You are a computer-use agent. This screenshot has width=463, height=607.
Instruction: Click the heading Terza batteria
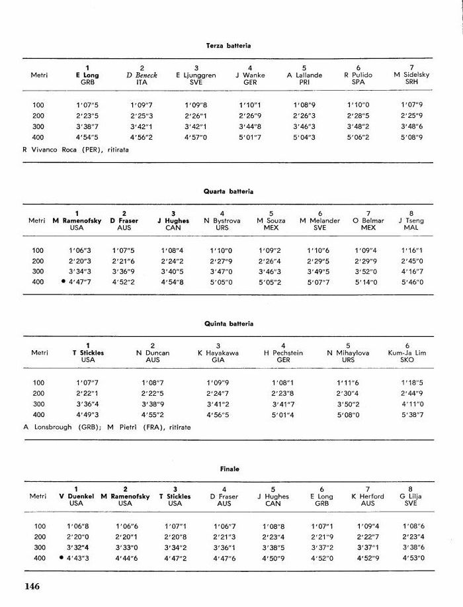pos(228,45)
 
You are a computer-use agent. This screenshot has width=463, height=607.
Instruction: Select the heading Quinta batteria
pos(228,324)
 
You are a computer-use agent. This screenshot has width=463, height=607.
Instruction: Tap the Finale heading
pos(229,469)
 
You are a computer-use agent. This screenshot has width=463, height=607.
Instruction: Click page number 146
pos(33,586)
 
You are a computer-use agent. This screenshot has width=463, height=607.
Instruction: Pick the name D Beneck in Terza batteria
pos(142,75)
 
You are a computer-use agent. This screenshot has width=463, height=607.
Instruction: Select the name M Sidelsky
pos(411,75)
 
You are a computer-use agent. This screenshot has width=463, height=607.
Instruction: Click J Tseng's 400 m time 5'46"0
pos(411,283)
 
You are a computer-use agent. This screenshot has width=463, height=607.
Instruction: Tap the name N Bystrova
pos(222,221)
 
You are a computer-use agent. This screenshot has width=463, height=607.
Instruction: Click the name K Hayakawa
pos(218,353)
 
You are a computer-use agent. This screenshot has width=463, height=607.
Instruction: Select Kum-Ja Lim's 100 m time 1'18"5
pos(411,383)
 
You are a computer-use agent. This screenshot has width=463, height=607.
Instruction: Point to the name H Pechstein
pos(283,353)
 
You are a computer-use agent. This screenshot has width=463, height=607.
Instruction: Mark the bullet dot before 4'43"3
pos(62,558)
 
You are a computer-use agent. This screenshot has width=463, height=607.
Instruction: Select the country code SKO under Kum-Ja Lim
pos(407,360)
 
